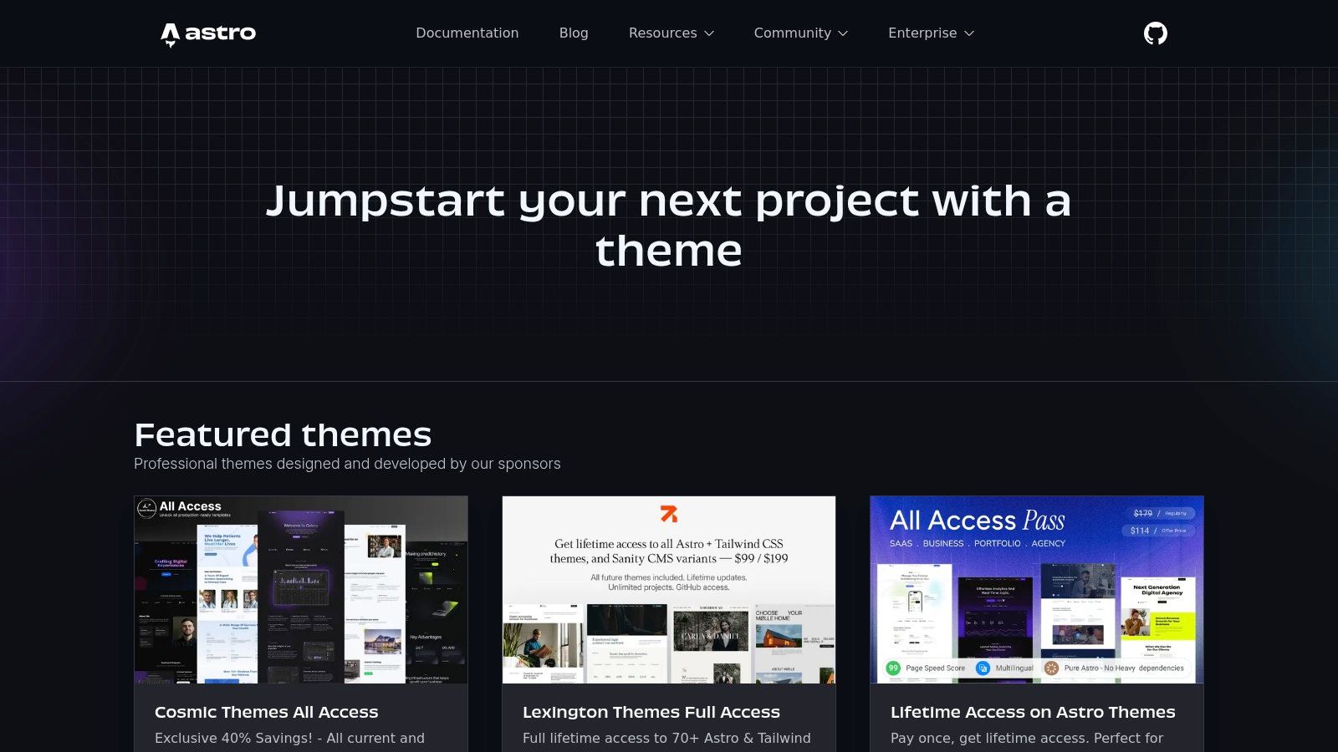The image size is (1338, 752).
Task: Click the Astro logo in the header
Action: click(x=208, y=33)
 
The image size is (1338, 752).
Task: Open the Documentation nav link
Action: click(x=467, y=33)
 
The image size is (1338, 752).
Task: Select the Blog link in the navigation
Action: click(x=574, y=33)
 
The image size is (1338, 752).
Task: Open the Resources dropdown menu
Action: click(x=671, y=33)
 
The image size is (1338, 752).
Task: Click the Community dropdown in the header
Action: click(x=800, y=33)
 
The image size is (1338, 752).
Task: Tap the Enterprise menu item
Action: click(x=931, y=33)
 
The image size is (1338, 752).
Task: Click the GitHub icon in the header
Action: click(x=1155, y=33)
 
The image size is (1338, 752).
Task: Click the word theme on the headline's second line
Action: click(x=668, y=252)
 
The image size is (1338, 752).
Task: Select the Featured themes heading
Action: click(x=283, y=435)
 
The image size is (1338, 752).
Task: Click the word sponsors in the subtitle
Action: click(x=529, y=464)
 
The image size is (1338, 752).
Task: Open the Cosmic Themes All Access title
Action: click(x=266, y=712)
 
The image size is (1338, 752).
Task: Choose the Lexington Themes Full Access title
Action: click(x=651, y=712)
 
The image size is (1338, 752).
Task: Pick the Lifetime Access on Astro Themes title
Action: click(x=1033, y=712)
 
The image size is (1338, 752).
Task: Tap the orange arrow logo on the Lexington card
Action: click(x=669, y=513)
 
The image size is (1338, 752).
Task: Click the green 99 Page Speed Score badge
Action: click(x=893, y=668)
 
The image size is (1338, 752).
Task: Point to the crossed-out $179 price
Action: click(x=1142, y=513)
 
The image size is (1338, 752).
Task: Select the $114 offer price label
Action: click(x=1140, y=531)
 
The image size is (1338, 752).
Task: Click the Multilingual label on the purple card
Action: click(x=1014, y=668)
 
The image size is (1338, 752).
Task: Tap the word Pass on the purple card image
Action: click(x=1044, y=521)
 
